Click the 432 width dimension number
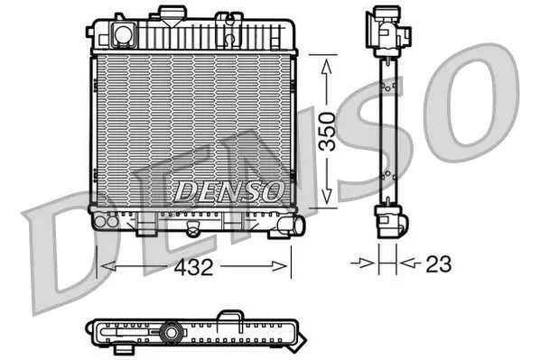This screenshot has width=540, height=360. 193,267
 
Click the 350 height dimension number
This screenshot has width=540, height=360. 327,132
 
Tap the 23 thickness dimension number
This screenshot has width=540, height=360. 438,264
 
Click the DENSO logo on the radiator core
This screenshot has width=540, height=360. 229,191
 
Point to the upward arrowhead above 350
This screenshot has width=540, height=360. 327,66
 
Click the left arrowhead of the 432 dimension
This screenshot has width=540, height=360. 107,266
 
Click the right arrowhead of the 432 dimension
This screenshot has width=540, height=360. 279,266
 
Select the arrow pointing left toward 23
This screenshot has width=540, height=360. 411,264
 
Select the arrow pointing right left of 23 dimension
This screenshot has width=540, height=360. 362,264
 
